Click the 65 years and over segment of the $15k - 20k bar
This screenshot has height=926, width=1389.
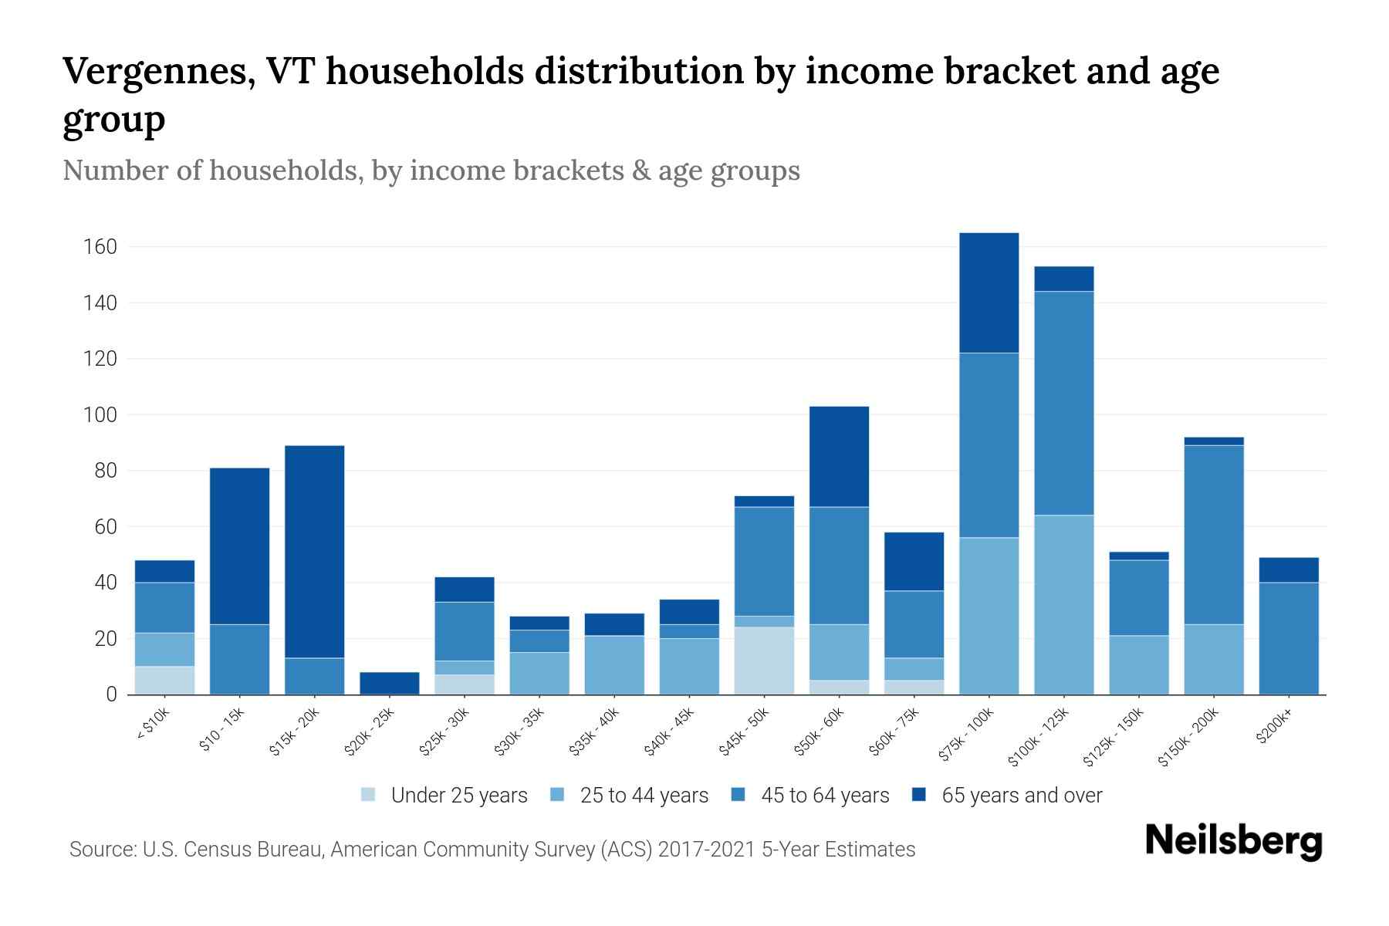314,551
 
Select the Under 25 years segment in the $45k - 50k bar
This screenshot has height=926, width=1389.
764,661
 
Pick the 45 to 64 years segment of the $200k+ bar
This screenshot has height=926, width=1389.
1288,638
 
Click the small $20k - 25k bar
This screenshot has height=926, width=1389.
389,683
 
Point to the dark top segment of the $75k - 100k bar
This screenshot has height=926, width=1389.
989,292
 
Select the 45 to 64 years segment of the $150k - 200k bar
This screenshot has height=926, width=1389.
1213,535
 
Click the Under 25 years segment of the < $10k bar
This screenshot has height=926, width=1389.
164,680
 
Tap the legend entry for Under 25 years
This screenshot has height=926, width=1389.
458,796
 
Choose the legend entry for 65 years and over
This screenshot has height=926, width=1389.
1021,796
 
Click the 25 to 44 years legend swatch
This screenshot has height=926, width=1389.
557,795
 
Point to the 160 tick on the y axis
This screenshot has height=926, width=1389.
100,247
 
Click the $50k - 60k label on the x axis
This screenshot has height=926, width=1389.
821,731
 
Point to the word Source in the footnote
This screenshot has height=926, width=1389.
101,850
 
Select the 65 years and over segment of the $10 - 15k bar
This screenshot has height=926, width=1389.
239,546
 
